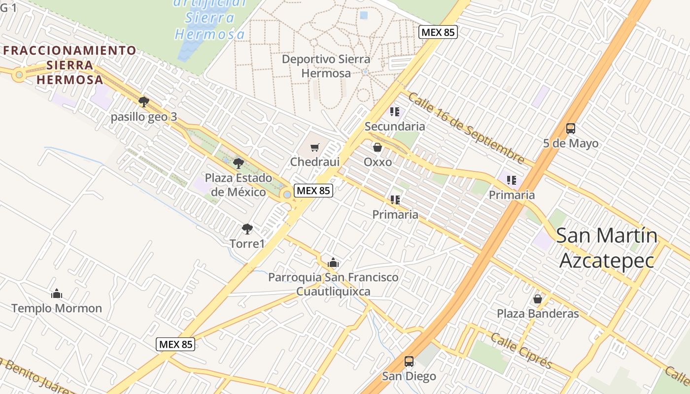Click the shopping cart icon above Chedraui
click(315, 147)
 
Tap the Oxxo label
click(378, 162)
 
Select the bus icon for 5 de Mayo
click(570, 129)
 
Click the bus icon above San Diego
click(409, 361)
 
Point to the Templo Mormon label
click(57, 308)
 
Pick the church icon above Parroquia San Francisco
click(333, 263)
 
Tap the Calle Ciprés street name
click(521, 351)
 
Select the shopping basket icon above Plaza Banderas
click(538, 299)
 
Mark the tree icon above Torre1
click(247, 229)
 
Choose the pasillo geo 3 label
click(143, 117)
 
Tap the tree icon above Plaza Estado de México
click(239, 164)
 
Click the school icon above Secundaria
click(394, 112)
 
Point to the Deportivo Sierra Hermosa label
click(326, 66)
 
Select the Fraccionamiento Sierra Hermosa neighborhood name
click(69, 65)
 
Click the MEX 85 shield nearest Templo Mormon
click(176, 344)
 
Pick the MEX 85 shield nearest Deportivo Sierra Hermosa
click(438, 33)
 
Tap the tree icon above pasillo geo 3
click(143, 102)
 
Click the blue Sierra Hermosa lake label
click(210, 19)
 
